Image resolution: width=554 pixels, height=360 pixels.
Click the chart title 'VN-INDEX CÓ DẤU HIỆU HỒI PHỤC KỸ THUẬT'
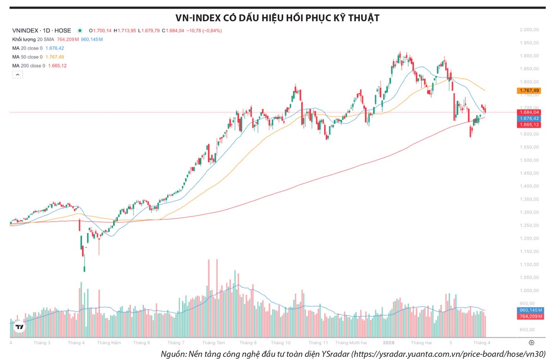277,18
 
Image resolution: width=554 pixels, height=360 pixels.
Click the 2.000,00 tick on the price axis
529,30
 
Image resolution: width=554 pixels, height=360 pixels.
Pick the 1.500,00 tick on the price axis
529,160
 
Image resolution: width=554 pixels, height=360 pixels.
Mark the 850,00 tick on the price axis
529,330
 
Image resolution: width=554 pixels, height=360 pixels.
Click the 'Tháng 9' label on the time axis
248,343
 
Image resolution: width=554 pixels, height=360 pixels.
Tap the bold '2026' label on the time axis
389,343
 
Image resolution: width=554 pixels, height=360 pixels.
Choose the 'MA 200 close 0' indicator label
29,66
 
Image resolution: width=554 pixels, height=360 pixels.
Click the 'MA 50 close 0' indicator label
27,57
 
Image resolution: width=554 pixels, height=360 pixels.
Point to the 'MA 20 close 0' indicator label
27,48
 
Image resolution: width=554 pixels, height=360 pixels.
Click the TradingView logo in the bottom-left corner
19,327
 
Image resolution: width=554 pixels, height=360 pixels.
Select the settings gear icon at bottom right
531,343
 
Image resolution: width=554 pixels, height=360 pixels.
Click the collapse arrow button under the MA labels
17,75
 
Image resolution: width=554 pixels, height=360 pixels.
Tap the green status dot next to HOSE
80,31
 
